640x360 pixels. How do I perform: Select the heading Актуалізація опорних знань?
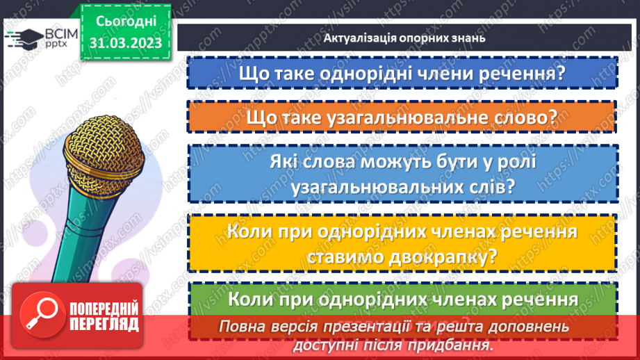[404, 38]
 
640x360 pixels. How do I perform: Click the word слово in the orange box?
[521, 118]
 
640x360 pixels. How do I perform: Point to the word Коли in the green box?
[251, 300]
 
